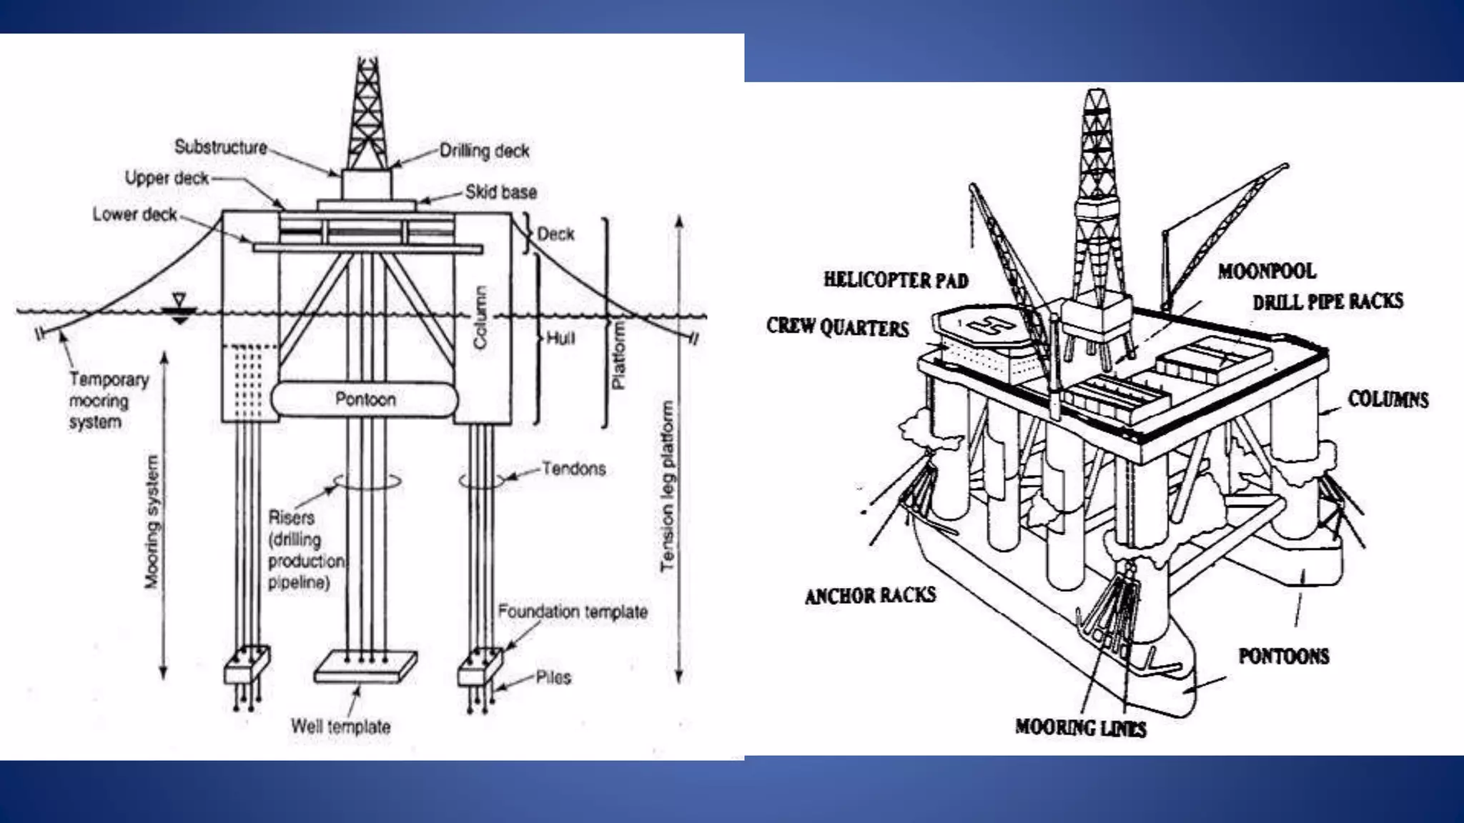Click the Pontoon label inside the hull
point(365,399)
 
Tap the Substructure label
point(221,147)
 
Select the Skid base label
point(500,192)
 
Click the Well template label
point(340,727)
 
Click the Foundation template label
point(573,612)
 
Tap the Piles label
point(553,677)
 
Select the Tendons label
point(573,469)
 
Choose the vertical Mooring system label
point(152,522)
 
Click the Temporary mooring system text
point(108,401)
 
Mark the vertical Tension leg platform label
point(667,486)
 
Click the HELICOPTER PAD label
point(896,279)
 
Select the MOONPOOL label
point(1267,271)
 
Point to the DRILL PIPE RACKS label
point(1327,301)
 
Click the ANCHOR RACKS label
point(870,595)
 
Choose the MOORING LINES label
point(1080,727)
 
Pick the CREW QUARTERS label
point(837,326)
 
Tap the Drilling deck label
point(484,151)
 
